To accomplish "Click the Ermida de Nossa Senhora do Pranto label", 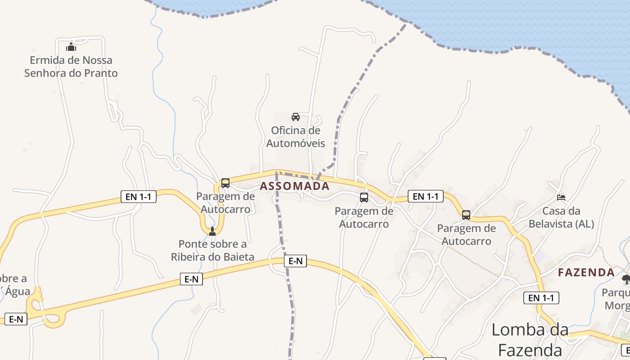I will coord(71,67).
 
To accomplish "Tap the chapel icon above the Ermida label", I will coord(71,47).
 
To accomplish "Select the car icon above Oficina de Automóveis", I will coord(296,117).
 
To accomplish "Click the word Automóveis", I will coord(296,144).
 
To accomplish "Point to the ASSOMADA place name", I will coord(295,186).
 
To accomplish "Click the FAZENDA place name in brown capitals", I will coord(586,272).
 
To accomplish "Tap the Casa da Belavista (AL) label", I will coord(561,217).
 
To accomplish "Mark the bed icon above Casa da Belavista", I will coord(561,197).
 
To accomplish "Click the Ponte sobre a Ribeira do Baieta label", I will coord(212,251).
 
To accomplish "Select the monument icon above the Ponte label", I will coord(212,231).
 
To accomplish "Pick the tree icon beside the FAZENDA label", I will coord(626,280).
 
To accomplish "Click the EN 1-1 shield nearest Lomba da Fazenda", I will coord(541,298).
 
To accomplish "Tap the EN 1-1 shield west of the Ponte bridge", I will coord(139,196).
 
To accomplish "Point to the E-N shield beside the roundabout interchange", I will coord(16,319).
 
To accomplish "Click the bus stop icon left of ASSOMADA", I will coord(225,183).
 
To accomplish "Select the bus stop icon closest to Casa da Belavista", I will coord(466,215).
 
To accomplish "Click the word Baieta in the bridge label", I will coord(238,257).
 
